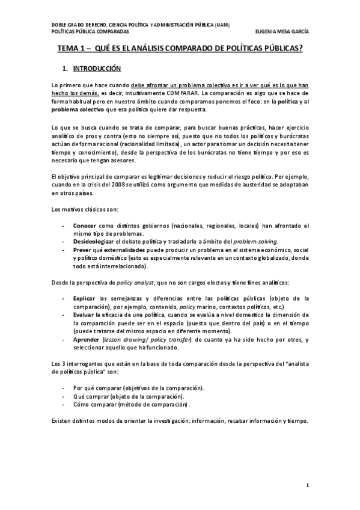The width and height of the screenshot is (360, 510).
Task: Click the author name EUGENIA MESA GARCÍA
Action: point(281,31)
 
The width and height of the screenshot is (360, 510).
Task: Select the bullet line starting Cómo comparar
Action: point(131,404)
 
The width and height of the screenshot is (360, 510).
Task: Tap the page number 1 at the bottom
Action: point(307,485)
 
